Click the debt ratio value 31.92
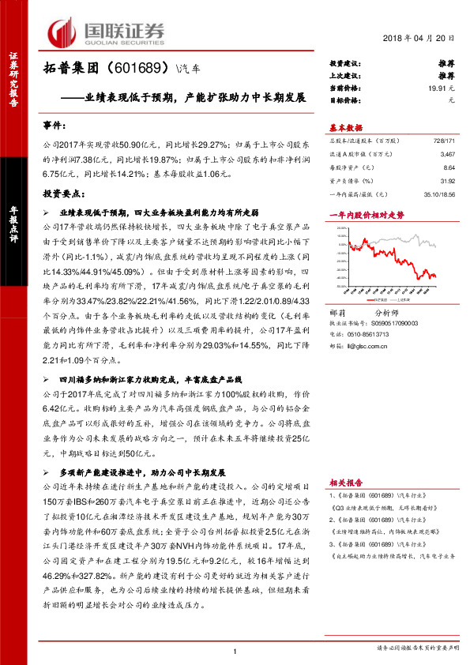448,182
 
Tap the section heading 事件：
55,125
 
